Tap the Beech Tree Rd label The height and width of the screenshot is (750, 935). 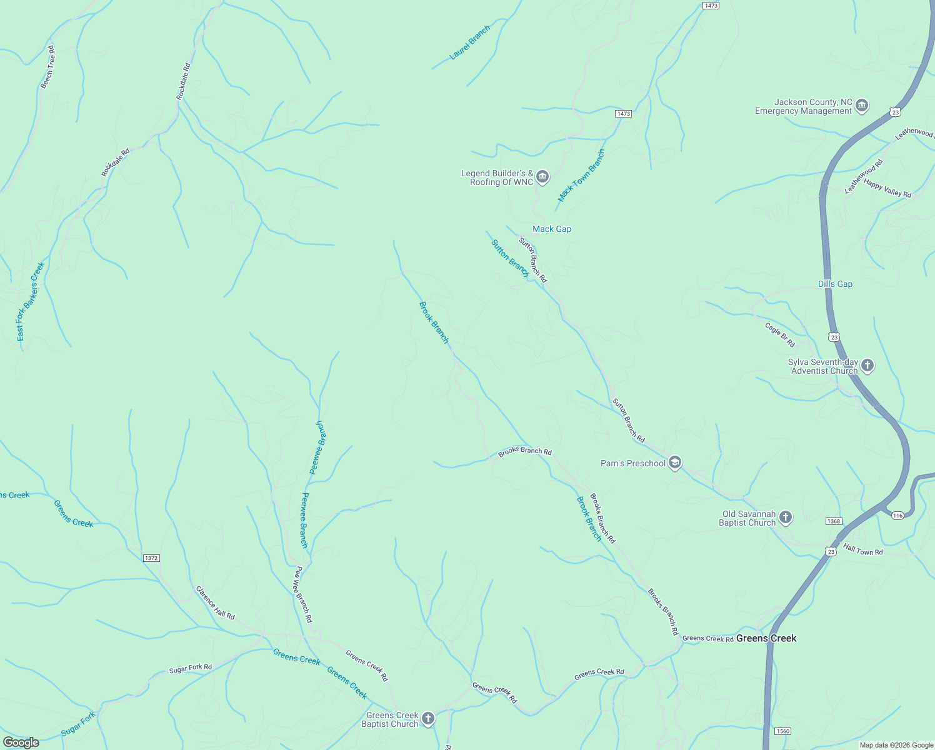tap(47, 67)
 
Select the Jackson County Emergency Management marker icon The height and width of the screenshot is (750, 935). tap(862, 106)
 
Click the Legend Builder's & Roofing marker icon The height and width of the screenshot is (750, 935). tap(542, 177)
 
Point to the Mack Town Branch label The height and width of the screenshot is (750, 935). tap(582, 176)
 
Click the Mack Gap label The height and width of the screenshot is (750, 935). tap(552, 229)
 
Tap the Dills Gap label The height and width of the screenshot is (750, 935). tap(835, 284)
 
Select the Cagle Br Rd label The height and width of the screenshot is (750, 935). tap(780, 335)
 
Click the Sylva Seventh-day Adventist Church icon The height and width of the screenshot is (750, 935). tap(867, 366)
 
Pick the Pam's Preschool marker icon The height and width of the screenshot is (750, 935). tap(674, 463)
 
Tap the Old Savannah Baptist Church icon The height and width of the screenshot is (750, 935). tap(786, 517)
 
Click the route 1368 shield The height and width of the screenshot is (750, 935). tap(834, 521)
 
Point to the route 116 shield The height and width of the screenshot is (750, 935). tap(898, 515)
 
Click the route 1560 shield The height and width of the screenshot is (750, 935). tap(782, 731)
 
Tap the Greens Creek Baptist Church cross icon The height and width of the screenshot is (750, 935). tap(428, 719)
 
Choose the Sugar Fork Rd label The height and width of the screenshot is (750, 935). tap(191, 667)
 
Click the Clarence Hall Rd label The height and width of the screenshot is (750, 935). tap(215, 603)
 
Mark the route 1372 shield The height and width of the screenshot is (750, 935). tap(151, 558)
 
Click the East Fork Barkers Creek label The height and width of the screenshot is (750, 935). tap(31, 302)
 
